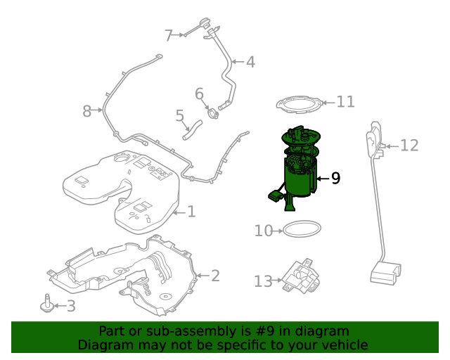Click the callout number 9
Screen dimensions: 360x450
point(335,179)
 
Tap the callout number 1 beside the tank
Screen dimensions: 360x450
point(191,212)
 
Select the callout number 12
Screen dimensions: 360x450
point(409,146)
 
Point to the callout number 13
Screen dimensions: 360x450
point(262,282)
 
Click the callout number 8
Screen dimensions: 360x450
point(87,111)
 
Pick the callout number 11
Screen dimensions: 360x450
point(345,102)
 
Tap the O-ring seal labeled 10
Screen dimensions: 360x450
point(302,229)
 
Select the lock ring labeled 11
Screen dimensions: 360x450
point(300,105)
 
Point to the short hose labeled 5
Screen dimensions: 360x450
point(193,129)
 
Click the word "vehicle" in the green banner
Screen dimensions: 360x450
point(345,345)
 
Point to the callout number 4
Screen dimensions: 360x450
point(250,62)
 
